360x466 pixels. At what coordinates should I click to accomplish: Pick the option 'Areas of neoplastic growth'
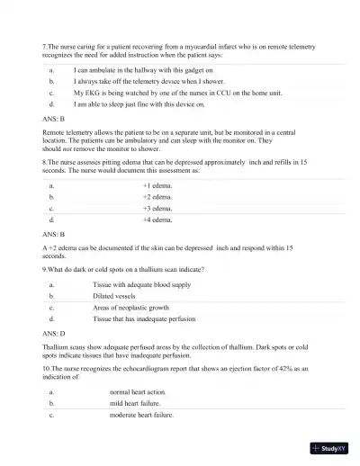pos(130,307)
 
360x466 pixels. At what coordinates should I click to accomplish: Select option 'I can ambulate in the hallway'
pos(143,68)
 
